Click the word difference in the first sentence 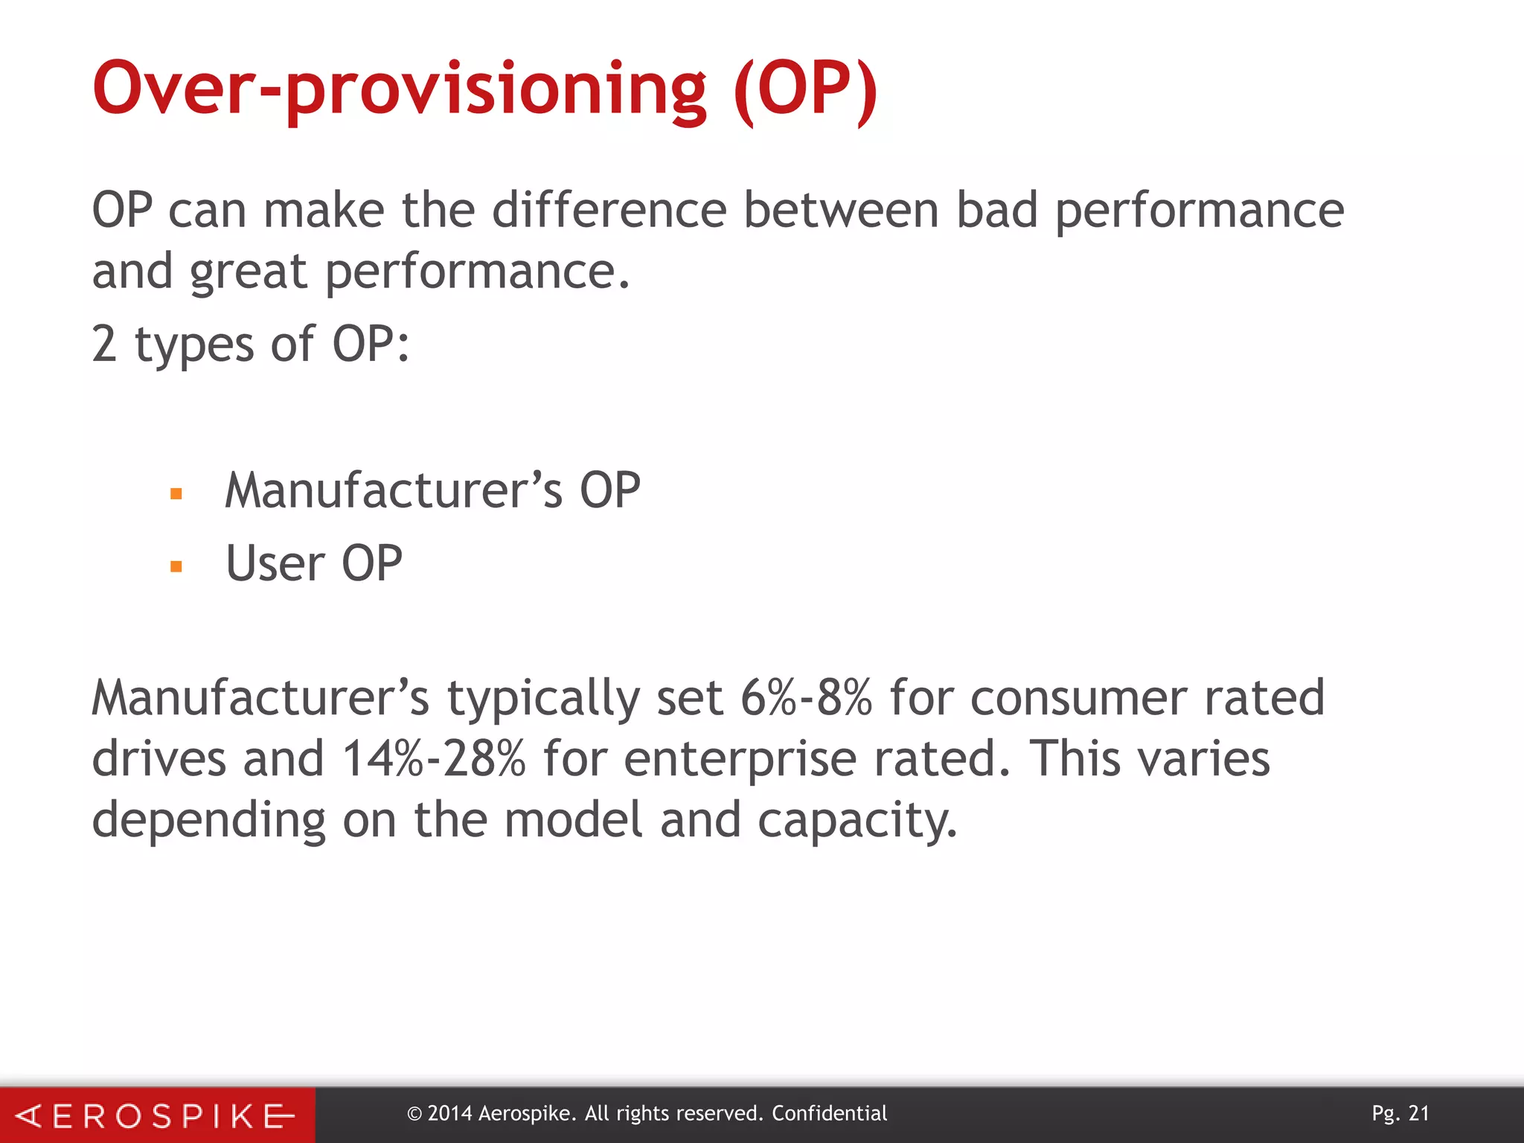tap(609, 210)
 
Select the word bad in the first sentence tap(996, 210)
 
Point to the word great tap(248, 272)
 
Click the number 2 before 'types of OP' tap(104, 345)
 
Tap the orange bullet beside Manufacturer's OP tap(176, 493)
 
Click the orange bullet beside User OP tap(176, 566)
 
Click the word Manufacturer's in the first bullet tap(394, 490)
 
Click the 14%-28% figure tap(434, 759)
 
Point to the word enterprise tap(740, 761)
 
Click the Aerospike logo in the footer tap(156, 1115)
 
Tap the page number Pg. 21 tap(1400, 1114)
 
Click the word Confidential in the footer tap(829, 1114)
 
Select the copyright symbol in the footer tap(414, 1114)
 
